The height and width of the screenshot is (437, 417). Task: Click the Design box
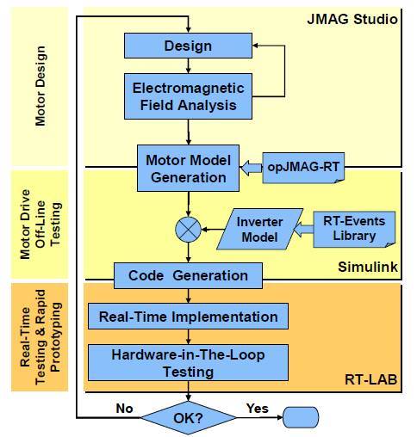[x=188, y=46]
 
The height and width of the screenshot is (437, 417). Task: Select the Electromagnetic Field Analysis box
[x=188, y=96]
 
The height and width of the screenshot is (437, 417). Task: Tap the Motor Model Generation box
[x=188, y=168]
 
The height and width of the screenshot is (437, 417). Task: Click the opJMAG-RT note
[x=303, y=168]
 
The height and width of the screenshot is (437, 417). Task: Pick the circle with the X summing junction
[x=188, y=230]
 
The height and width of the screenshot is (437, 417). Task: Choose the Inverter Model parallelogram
[x=260, y=229]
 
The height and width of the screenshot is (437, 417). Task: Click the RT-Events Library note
[x=354, y=229]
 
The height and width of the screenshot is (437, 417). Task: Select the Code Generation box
[x=188, y=275]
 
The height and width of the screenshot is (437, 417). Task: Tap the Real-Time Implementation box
[x=188, y=317]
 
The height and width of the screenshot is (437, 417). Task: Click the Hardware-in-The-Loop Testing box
[x=188, y=363]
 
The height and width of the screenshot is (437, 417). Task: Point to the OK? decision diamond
[x=188, y=418]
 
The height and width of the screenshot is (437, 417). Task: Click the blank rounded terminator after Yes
[x=301, y=417]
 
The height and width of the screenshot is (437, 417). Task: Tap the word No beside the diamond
[x=124, y=409]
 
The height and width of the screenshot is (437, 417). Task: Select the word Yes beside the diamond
[x=258, y=409]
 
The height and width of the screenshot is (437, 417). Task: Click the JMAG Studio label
[x=352, y=19]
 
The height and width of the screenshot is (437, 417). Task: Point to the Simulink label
[x=368, y=267]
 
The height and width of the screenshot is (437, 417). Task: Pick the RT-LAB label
[x=371, y=379]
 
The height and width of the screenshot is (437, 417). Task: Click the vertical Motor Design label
[x=40, y=86]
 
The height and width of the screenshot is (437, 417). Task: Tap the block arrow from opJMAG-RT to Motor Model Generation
[x=252, y=168]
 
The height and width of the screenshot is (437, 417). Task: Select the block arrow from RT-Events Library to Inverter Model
[x=303, y=230]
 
